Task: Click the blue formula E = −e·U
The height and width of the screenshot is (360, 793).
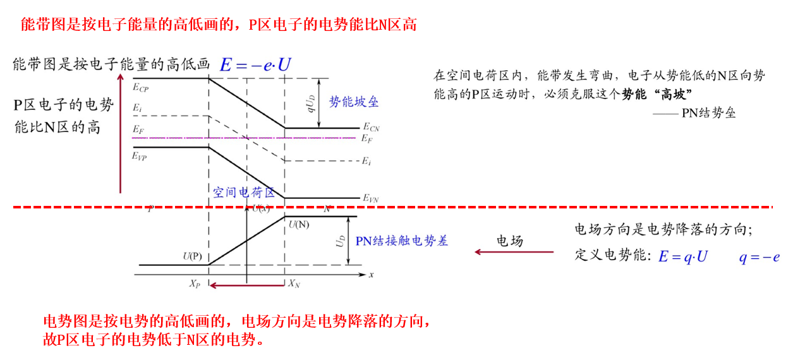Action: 256,64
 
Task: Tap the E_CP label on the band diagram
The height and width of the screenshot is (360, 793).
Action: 141,87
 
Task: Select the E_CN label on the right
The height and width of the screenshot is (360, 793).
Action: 371,128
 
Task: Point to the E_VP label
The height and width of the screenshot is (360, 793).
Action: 140,156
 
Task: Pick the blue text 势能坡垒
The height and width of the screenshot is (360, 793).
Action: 354,102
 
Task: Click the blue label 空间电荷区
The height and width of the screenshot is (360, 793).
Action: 244,192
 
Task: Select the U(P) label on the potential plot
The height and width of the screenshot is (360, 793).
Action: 193,256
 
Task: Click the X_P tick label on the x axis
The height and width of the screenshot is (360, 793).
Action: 195,284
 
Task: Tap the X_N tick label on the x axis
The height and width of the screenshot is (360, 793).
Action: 294,284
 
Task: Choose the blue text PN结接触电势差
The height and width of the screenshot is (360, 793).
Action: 402,241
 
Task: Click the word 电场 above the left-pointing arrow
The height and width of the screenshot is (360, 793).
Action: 509,241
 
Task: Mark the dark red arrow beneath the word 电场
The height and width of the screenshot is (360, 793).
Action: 514,253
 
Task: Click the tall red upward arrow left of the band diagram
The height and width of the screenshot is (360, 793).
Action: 120,133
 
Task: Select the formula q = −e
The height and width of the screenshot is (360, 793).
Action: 760,256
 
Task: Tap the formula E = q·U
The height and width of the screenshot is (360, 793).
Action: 682,256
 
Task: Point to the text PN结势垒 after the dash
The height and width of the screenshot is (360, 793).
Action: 708,113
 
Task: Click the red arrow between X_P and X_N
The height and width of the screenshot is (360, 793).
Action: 246,285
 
